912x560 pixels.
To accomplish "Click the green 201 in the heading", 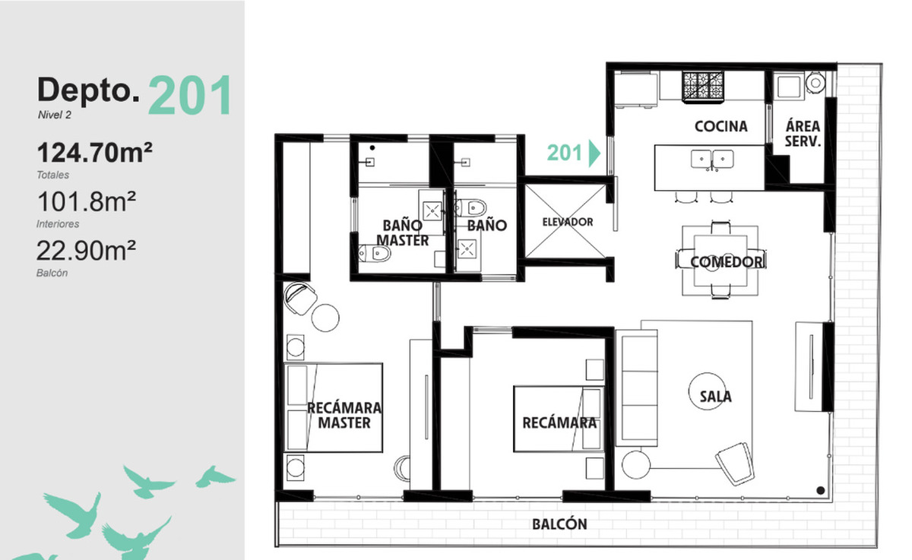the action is click(191, 95).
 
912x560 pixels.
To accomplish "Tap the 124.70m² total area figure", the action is click(94, 153).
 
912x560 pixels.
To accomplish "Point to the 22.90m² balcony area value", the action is click(86, 250).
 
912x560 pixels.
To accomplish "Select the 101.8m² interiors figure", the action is click(87, 201).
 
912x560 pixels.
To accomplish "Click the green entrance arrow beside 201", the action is click(594, 153).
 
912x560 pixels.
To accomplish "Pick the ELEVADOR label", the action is click(568, 222).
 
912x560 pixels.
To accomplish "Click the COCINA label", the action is click(721, 126).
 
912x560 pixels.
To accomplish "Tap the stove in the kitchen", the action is click(703, 87).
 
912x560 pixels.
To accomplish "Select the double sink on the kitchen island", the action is click(712, 160).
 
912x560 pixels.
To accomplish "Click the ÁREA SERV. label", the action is click(803, 134).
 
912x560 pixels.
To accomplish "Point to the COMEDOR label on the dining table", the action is click(727, 262).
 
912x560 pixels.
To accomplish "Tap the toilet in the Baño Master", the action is click(375, 254).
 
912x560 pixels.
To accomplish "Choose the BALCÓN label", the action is click(560, 524).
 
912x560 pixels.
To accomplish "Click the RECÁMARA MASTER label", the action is click(344, 416).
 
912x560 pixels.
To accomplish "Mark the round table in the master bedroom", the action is click(325, 318).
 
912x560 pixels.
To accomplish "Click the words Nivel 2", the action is click(55, 115).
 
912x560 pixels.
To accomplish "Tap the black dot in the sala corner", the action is click(821, 490).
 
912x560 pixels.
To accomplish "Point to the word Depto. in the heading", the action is click(88, 90).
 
